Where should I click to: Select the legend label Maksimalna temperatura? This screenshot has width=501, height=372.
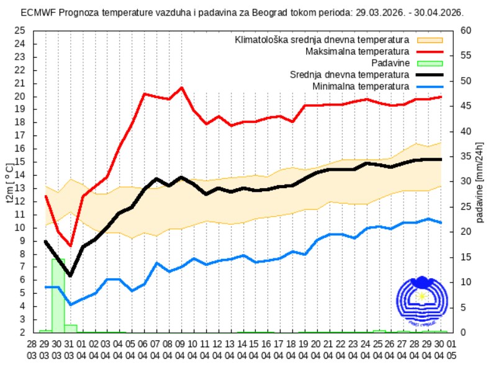[x=357, y=51]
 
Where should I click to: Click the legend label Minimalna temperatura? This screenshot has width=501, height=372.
[x=361, y=86]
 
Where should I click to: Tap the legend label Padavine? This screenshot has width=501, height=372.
[x=390, y=63]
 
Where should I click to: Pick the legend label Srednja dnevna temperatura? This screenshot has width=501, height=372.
[x=350, y=75]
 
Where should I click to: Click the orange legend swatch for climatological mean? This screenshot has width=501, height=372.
[x=429, y=40]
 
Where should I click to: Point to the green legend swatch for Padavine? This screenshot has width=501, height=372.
[x=429, y=63]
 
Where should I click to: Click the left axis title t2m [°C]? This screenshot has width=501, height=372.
[x=9, y=183]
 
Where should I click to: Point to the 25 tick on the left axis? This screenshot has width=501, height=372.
[x=19, y=30]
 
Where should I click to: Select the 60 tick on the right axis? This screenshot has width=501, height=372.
[x=465, y=30]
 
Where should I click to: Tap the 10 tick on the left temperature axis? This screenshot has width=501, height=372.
[x=19, y=227]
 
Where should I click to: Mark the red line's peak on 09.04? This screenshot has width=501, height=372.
[x=181, y=88]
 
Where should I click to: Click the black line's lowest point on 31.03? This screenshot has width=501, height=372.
[x=70, y=275]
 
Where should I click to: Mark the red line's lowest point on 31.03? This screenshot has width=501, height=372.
[x=70, y=246]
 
